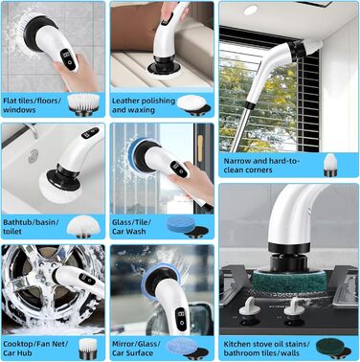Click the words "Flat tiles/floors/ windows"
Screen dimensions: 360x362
pyautogui.click(x=32, y=105)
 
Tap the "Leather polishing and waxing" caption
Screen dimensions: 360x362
pyautogui.click(x=144, y=105)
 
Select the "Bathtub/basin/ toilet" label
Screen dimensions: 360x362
pyautogui.click(x=31, y=227)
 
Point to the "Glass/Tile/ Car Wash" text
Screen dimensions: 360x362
pyautogui.click(x=131, y=227)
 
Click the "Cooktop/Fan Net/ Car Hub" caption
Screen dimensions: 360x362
pyautogui.click(x=35, y=349)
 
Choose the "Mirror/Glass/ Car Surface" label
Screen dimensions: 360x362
pyautogui.click(x=136, y=349)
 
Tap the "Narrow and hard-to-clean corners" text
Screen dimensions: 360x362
pyautogui.click(x=261, y=166)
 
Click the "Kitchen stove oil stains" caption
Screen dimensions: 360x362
pyautogui.click(x=266, y=344)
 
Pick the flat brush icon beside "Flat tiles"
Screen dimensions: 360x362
pyautogui.click(x=83, y=104)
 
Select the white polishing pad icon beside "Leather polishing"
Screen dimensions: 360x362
pyautogui.click(x=192, y=104)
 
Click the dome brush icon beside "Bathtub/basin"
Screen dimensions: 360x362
pyautogui.click(x=83, y=226)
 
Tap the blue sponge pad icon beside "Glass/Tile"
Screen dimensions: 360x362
pyautogui.click(x=188, y=226)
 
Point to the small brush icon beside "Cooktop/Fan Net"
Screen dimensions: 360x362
pyautogui.click(x=88, y=349)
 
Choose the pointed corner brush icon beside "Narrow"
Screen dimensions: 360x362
pyautogui.click(x=330, y=165)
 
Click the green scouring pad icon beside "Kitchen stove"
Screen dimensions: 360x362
pyautogui.click(x=333, y=349)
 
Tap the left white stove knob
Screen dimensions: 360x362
pyautogui.click(x=248, y=307)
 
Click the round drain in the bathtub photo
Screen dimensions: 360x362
pyautogui.click(x=33, y=156)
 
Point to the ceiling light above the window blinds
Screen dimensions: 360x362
pyautogui.click(x=251, y=10)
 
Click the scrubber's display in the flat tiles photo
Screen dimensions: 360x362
pyautogui.click(x=69, y=58)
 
